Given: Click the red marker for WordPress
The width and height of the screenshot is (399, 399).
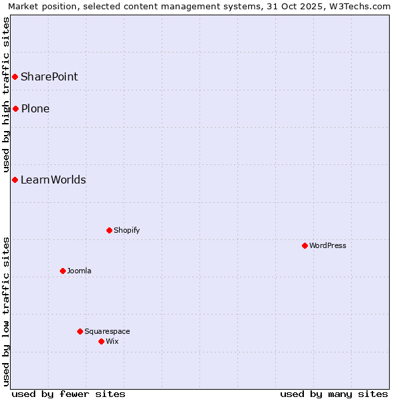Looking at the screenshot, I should pos(305,245).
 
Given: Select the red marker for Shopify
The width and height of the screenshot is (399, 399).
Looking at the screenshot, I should pos(109,230).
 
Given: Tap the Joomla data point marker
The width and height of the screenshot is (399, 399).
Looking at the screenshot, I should pos(63,271).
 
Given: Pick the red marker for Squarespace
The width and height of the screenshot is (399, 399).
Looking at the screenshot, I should pos(80,331).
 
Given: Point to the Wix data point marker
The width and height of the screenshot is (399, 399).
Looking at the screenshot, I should pos(101,341).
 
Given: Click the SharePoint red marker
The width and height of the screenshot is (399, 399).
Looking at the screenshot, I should pos(15,76).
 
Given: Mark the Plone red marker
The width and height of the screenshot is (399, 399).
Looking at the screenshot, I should pos(15,108).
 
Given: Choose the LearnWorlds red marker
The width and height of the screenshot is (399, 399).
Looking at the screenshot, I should pos(15,180).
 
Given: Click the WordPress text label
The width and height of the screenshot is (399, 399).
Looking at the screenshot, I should pos(328,245).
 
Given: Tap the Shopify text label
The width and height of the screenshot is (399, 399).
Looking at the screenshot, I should pos(126,230).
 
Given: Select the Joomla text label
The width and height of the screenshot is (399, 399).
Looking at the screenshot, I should pos(79,271).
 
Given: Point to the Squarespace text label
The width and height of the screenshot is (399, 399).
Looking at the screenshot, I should pos(107,331).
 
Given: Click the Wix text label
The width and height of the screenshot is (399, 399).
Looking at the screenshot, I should pos(112,341).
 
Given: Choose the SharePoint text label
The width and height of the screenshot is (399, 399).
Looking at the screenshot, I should pos(49,76).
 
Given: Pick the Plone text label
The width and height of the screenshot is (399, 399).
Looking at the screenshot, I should pos(35,108).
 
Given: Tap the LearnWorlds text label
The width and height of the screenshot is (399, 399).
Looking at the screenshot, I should pos(53,180).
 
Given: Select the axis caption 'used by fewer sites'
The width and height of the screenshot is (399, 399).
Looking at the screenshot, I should pos(68,394).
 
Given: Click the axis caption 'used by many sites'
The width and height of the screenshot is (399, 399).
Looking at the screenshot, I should pos(334,394).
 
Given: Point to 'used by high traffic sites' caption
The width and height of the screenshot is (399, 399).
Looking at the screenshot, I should pos(6,94).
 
